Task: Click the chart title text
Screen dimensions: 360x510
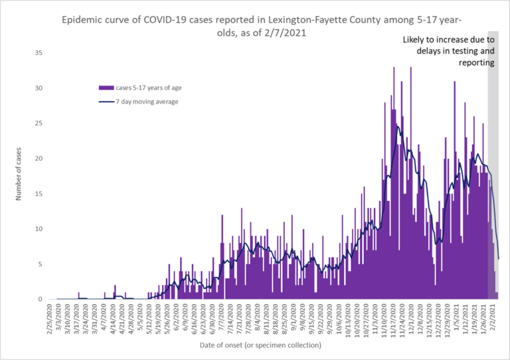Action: (x=254, y=26)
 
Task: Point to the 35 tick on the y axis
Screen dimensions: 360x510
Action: (x=39, y=53)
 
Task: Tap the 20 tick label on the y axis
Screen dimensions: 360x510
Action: (x=39, y=159)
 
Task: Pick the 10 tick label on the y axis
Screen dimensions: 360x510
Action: (x=39, y=229)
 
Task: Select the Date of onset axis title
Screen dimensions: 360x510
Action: (x=255, y=345)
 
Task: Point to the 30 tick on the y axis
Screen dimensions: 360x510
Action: (x=39, y=88)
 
